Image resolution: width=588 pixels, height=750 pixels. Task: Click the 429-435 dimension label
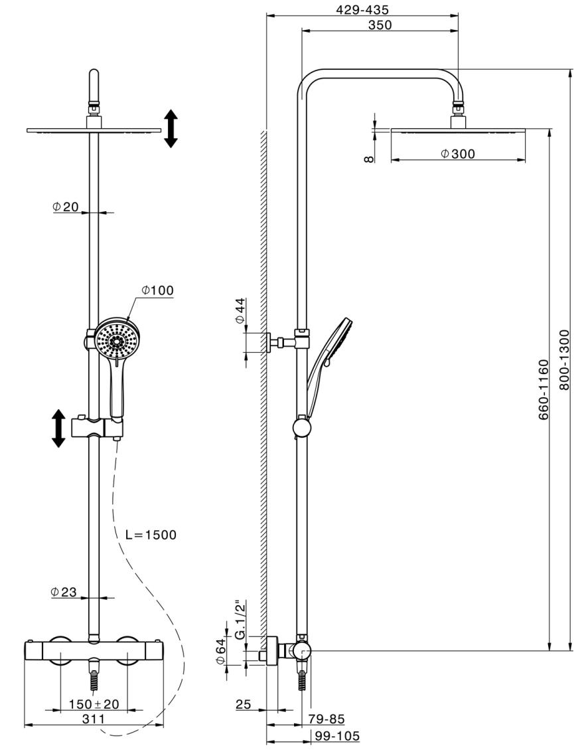(362, 9)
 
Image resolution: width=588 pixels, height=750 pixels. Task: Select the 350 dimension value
(380, 25)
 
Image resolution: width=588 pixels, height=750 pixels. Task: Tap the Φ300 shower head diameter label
(458, 153)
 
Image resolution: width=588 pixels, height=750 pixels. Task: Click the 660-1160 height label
(544, 390)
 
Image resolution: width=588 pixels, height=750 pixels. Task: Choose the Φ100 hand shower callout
(157, 290)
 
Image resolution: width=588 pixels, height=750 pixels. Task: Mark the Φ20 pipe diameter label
(65, 207)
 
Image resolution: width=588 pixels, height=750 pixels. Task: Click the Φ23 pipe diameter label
(64, 592)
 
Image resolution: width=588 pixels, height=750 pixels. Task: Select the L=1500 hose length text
(151, 534)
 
